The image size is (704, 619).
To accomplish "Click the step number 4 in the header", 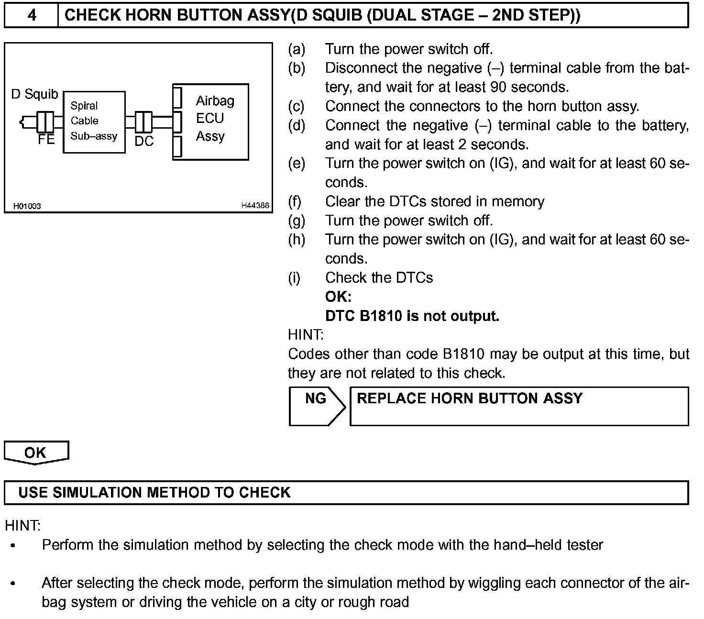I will (x=32, y=15).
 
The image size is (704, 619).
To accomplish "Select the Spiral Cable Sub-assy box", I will (x=94, y=122).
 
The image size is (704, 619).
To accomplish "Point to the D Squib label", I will (x=34, y=94).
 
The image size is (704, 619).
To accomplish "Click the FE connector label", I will (x=46, y=140).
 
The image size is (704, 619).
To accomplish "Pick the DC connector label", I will (x=143, y=141).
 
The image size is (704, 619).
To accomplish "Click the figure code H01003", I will (x=27, y=206).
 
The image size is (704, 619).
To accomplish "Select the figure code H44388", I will (x=255, y=206).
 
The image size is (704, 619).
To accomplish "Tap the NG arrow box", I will (x=316, y=406).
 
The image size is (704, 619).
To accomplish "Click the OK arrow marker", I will (x=36, y=452).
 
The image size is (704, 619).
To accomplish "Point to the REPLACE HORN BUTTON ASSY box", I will (x=519, y=406).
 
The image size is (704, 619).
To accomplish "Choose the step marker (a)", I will (x=296, y=49).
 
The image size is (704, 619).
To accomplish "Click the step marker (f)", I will (x=295, y=201).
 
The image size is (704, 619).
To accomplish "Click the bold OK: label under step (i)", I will (x=338, y=297).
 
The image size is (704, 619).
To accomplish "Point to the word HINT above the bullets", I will (x=22, y=526).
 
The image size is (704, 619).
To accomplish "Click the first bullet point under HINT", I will (x=13, y=545).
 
